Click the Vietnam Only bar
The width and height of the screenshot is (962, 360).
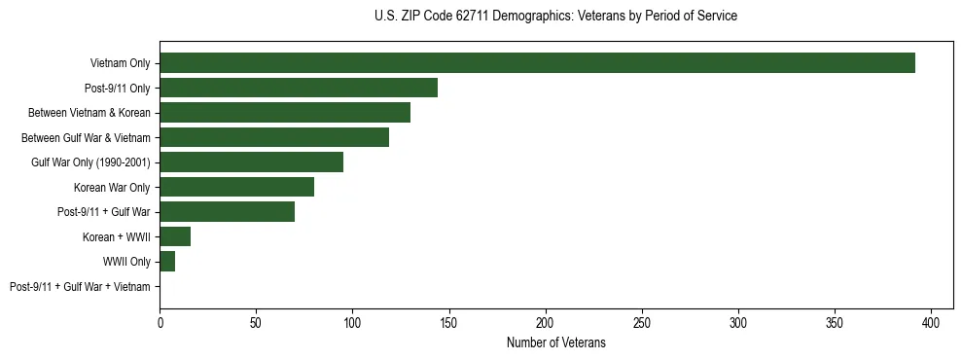pyautogui.click(x=537, y=62)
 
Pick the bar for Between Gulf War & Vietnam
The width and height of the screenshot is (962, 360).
pyautogui.click(x=274, y=137)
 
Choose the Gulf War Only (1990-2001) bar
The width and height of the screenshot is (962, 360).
pyautogui.click(x=251, y=162)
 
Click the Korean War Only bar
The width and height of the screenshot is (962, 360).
pyautogui.click(x=236, y=187)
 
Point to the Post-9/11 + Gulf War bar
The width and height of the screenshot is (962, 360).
pyautogui.click(x=227, y=211)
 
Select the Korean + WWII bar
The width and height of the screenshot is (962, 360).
pyautogui.click(x=175, y=236)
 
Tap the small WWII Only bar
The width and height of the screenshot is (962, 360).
pyautogui.click(x=167, y=262)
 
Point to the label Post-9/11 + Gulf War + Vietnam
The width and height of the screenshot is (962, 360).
pyautogui.click(x=80, y=287)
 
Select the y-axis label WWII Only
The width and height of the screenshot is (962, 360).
pyautogui.click(x=126, y=262)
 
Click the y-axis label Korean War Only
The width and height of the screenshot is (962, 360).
pyautogui.click(x=112, y=187)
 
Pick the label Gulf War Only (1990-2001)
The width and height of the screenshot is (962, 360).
pyautogui.click(x=90, y=162)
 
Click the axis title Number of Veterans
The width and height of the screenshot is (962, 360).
pyautogui.click(x=555, y=342)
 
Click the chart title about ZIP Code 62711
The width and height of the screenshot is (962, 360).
pyautogui.click(x=555, y=17)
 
